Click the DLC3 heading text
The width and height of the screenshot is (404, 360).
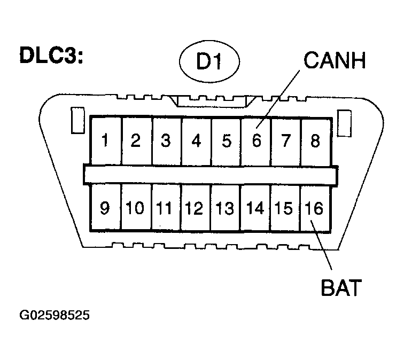(51, 55)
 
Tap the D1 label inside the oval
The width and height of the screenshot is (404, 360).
(209, 61)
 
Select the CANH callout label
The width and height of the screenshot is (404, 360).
(335, 60)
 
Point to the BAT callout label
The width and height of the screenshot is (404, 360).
(341, 287)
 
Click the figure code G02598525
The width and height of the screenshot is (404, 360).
(55, 315)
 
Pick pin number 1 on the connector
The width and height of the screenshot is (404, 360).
(105, 140)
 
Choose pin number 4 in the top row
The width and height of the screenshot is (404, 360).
(196, 141)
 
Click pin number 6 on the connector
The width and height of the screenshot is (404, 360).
(257, 141)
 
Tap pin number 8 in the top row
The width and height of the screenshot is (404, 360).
(315, 141)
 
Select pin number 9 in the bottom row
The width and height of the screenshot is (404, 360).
(105, 208)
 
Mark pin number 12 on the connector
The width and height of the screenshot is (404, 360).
(194, 208)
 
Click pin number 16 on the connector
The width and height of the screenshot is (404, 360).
(314, 208)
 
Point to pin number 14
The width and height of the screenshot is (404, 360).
(255, 208)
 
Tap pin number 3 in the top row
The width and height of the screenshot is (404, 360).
(166, 140)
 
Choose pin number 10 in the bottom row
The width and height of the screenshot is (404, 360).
(135, 208)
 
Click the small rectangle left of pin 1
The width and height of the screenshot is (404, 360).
(77, 120)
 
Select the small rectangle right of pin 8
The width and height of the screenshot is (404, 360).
(345, 123)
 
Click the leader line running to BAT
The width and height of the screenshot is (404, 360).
(321, 245)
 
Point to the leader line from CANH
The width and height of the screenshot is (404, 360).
(278, 99)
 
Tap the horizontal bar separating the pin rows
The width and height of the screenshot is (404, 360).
(211, 175)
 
